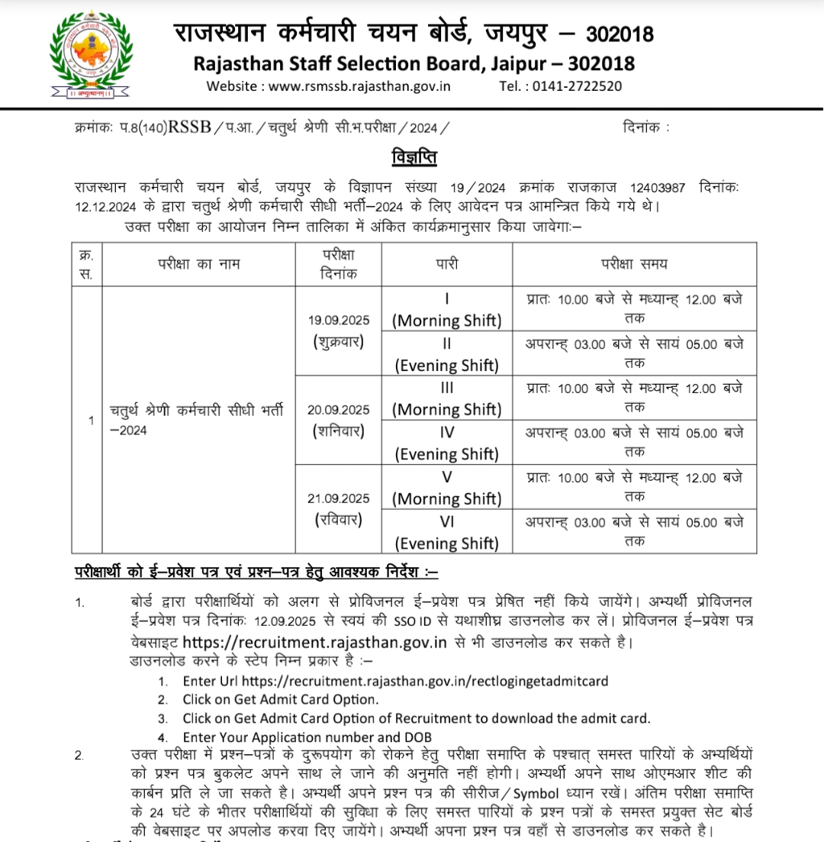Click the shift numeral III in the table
click(x=447, y=389)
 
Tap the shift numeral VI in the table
click(x=447, y=523)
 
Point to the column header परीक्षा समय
click(x=635, y=264)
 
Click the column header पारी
click(x=447, y=264)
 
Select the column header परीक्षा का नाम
click(x=199, y=264)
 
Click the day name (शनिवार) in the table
click(x=338, y=431)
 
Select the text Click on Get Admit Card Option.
click(x=281, y=699)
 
